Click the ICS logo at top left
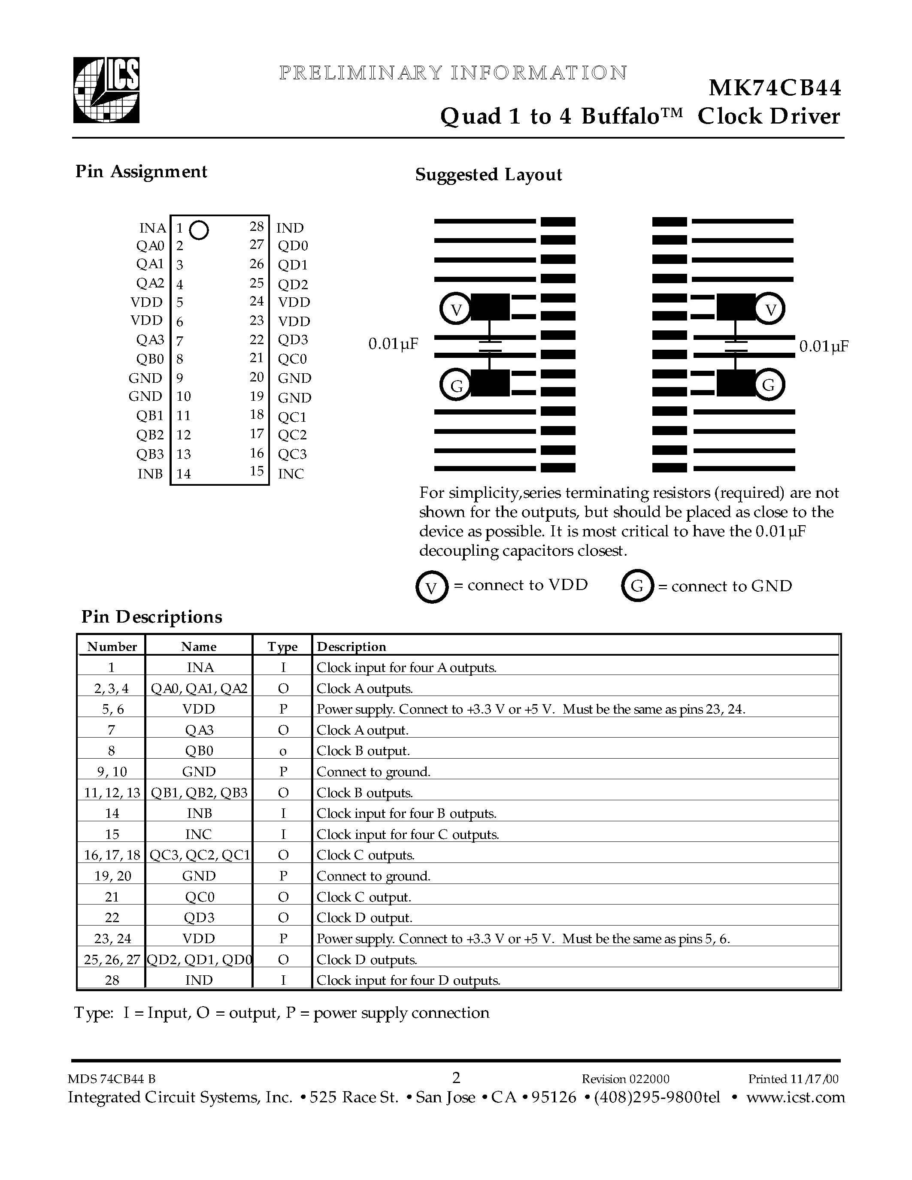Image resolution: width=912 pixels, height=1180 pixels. coord(106,90)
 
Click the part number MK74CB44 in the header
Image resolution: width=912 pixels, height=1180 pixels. coord(774,88)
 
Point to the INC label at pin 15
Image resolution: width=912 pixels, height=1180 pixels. coord(291,474)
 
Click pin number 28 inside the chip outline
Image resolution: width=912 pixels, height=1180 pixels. coord(256,227)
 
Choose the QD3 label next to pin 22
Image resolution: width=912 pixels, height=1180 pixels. coord(292,340)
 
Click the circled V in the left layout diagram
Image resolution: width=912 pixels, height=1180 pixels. coord(456,309)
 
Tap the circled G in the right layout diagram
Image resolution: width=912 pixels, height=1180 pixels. coord(768,385)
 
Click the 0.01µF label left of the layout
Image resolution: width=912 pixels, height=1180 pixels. coord(393,344)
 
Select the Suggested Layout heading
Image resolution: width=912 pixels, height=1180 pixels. coord(488,175)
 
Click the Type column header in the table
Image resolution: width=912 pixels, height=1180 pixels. coord(282,647)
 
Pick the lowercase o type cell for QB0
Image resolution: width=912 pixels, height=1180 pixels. coord(282,751)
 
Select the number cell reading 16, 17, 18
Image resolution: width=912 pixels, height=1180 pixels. coord(112,855)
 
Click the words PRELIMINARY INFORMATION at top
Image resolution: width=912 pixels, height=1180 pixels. coord(453,73)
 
